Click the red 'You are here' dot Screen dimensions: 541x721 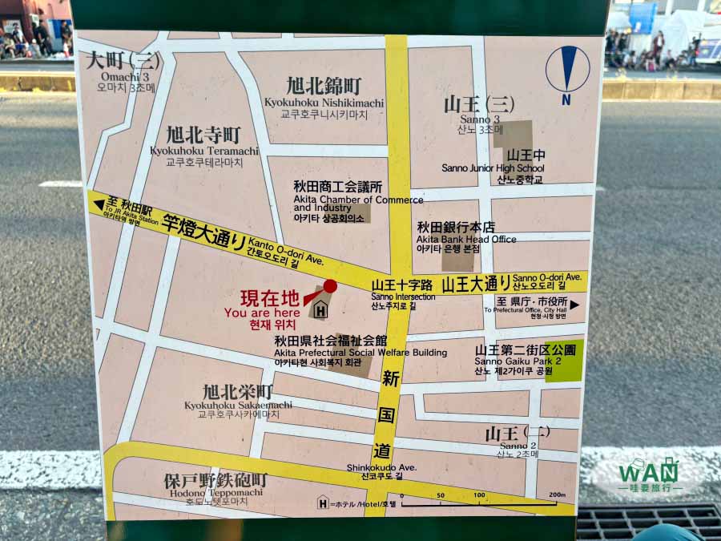pos(329,286)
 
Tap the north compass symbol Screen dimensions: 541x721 pos(567,70)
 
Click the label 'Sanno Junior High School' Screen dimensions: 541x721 pos(493,168)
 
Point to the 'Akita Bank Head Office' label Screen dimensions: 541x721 pos(466,239)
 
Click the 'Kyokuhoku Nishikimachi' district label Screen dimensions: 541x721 pos(324,103)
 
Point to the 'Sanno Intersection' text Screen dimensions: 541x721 pos(403,297)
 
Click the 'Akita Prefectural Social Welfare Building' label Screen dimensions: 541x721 pos(360,352)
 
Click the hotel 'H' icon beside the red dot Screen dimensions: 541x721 pos(321,309)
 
